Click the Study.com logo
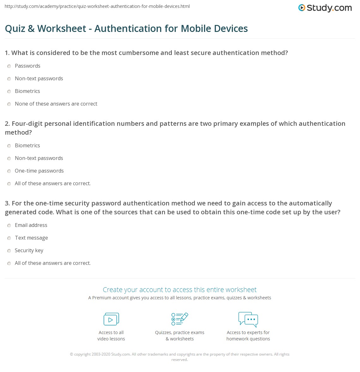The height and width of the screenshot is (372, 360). [325, 8]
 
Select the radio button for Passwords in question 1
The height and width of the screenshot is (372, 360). [9, 66]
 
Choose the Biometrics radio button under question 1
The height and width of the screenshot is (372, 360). [9, 91]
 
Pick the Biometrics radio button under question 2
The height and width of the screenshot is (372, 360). [9, 146]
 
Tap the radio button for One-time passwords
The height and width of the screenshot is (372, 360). [9, 171]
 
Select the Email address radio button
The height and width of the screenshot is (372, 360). [9, 225]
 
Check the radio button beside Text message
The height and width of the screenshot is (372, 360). [9, 238]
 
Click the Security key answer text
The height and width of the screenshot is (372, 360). [29, 250]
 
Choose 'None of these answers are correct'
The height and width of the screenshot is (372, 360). [56, 104]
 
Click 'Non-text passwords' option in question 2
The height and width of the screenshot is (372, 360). [39, 158]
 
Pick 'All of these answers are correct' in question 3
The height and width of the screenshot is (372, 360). [53, 263]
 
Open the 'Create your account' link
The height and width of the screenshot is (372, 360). [179, 290]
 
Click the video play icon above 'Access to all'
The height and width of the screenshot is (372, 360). [111, 319]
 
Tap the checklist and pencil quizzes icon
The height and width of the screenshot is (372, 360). [180, 319]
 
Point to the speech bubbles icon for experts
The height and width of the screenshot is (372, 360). [248, 319]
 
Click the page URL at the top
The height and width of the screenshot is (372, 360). [97, 6]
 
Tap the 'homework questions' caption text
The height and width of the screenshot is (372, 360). [248, 339]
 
